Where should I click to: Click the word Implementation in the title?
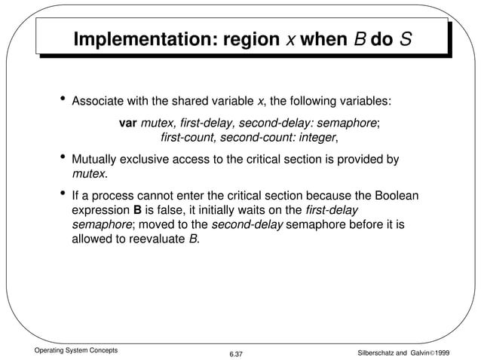tap(140, 39)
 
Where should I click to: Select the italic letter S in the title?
tap(405, 39)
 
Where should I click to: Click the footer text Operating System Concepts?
tap(66, 349)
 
